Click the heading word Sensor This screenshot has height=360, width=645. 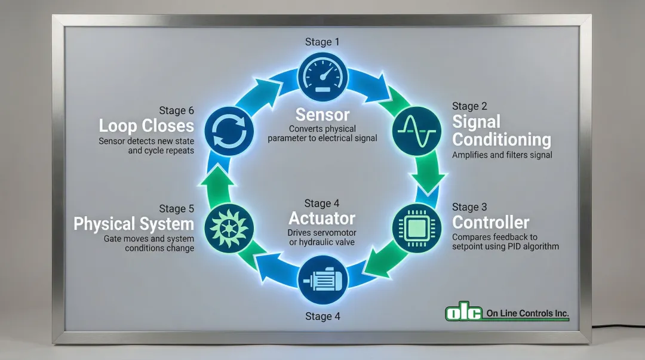click(x=322, y=114)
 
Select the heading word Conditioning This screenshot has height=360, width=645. click(x=502, y=140)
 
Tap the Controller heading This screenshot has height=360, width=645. click(x=490, y=223)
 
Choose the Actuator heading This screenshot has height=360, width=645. click(x=322, y=218)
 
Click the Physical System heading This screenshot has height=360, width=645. click(x=134, y=224)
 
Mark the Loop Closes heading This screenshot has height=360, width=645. click(x=146, y=126)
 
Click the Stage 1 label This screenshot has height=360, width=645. click(x=322, y=42)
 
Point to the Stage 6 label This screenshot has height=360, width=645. click(x=176, y=110)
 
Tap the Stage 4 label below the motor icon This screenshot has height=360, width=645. click(x=322, y=316)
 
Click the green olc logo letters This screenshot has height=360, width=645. click(x=463, y=312)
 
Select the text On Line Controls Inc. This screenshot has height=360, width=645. click(x=527, y=313)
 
